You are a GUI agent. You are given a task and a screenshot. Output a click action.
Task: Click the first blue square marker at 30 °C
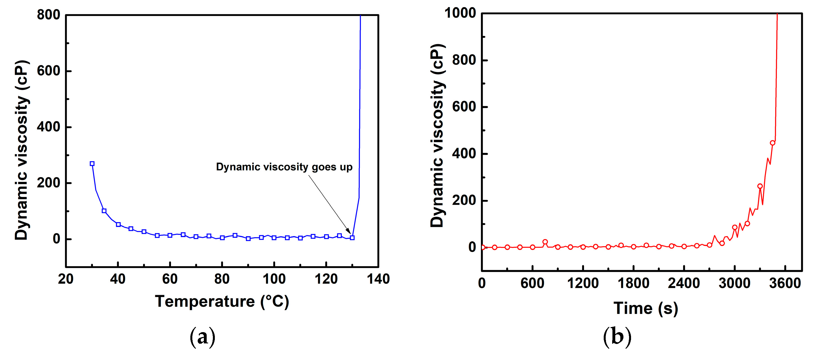point(92,164)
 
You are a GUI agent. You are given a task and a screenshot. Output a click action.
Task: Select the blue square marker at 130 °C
point(352,238)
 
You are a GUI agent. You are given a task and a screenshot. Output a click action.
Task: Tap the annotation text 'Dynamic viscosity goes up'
point(284,167)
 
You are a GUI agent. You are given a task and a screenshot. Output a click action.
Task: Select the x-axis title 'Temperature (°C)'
point(222,301)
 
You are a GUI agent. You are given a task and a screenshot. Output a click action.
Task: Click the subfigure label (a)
point(202,337)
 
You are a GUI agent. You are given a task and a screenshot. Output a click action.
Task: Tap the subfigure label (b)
point(617,337)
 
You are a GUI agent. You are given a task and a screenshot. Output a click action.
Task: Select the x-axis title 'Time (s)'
point(646,308)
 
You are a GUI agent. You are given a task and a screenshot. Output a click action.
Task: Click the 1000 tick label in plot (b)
point(460,13)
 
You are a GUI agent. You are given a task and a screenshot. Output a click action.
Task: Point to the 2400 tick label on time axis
point(684,283)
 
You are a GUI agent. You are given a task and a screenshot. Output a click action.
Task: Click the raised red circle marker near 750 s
point(545,242)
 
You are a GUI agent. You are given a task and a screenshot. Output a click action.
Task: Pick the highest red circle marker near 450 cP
point(773,143)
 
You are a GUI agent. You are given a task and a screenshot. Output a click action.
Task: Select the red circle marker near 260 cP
point(760,186)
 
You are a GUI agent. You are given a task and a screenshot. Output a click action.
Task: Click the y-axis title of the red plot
point(437,136)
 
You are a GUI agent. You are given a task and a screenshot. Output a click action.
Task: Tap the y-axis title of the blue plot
point(22,150)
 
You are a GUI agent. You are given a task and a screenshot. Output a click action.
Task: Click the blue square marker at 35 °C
point(104,211)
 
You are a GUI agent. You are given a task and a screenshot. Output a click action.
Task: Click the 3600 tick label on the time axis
point(785,283)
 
